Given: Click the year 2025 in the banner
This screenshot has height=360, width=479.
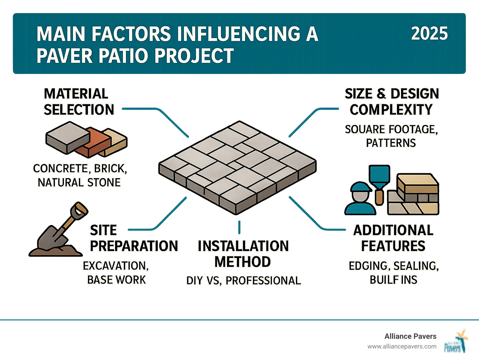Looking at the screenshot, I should coord(429,33).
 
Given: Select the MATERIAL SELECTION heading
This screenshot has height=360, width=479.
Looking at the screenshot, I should coord(79,102).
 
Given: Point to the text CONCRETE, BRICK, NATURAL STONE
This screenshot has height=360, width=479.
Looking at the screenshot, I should coord(80,175).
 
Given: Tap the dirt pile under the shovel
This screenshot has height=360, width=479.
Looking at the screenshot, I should coord(56,251).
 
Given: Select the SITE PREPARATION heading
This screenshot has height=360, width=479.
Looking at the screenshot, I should coord(133,238).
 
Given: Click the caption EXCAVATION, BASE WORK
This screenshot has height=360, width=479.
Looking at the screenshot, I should coord(116,273).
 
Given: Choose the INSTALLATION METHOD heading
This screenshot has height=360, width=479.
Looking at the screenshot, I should coord(243,254).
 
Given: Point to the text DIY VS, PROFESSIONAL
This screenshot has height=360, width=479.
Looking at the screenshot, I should coord(243,280).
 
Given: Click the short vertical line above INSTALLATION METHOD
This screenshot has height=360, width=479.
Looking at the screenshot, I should coord(239,227).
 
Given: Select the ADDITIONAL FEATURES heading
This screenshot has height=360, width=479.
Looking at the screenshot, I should coord(393,238).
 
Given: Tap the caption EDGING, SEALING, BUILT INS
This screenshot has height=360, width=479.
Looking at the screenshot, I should coord(394,273).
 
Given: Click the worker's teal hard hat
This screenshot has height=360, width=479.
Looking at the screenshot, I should coord(360,187).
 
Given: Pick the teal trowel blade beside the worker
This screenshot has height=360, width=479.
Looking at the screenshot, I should coord(379,177).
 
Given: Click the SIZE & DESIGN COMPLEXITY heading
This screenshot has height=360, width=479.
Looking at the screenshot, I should coord(392,102).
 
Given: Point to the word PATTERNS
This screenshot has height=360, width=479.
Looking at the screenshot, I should coord(391,143).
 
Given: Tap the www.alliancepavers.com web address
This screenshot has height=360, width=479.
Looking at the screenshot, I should coord(402,346).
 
